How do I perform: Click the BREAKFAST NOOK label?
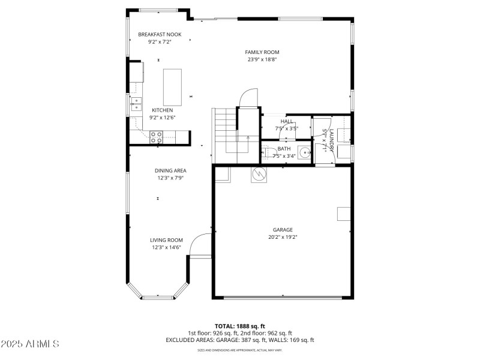[160, 35]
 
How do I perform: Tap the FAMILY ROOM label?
[262, 52]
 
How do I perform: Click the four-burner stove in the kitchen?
[156, 137]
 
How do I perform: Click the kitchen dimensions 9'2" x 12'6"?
[162, 118]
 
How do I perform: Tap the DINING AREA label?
[171, 170]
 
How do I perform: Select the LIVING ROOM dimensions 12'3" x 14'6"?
[166, 247]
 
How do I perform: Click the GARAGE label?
[283, 230]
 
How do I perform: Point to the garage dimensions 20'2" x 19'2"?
[283, 237]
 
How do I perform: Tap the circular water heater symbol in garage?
[259, 175]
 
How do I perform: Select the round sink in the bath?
[304, 151]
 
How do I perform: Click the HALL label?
[287, 121]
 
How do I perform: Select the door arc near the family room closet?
[248, 97]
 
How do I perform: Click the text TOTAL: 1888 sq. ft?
[240, 326]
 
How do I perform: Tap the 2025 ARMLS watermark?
[30, 344]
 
